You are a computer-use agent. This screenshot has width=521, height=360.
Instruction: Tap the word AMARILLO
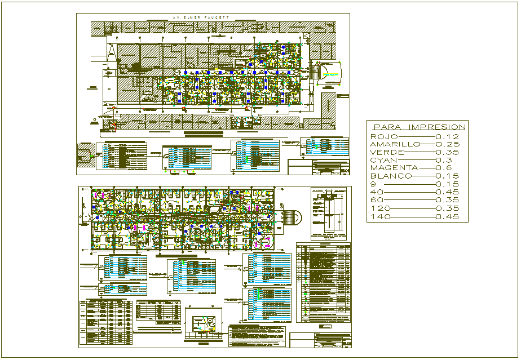point(395,145)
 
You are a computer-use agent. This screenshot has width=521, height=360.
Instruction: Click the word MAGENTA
point(394,168)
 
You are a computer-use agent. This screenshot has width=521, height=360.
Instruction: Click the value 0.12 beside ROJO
point(448,137)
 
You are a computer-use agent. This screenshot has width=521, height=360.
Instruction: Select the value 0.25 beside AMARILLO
point(448,145)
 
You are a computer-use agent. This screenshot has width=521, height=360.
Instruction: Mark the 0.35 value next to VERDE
point(448,153)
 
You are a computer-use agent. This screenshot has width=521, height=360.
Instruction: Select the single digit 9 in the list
point(373,184)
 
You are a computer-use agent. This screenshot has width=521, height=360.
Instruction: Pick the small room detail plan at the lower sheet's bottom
point(203,325)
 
